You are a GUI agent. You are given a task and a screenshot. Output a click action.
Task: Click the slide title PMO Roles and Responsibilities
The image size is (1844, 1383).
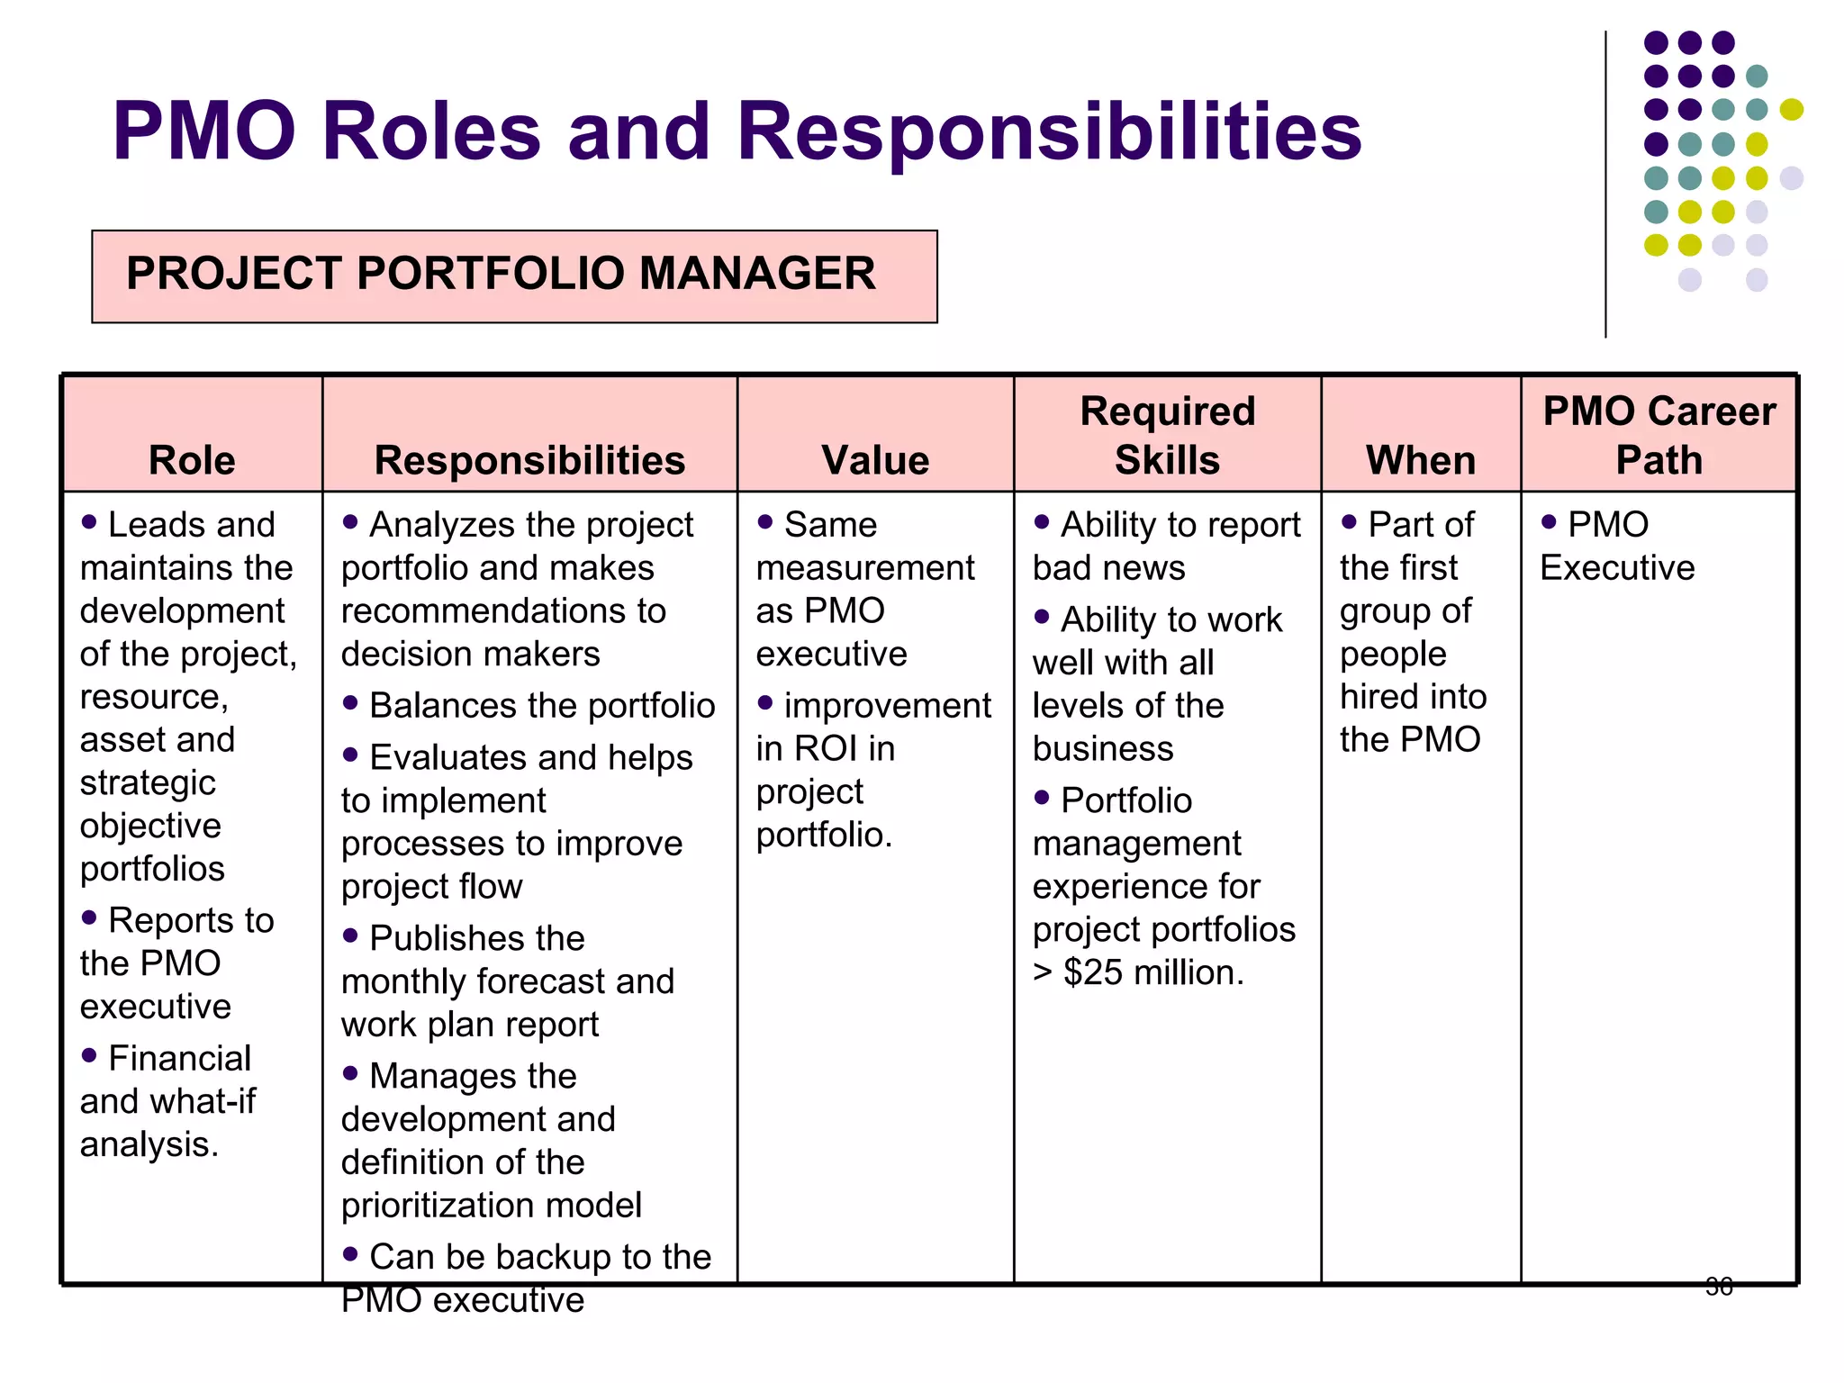click(x=737, y=131)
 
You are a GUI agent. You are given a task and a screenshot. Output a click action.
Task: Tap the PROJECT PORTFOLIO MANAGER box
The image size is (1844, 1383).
click(x=514, y=276)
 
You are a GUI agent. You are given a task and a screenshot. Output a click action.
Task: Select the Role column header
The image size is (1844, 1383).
click(x=192, y=460)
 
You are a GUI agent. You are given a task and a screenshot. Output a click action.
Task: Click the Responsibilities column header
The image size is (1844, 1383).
click(x=529, y=460)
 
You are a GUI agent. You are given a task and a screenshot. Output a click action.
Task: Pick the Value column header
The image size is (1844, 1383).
click(x=875, y=460)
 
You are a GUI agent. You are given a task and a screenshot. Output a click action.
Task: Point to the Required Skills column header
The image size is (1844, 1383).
click(x=1167, y=436)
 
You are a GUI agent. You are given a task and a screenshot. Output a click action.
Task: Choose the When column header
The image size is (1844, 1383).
click(x=1421, y=460)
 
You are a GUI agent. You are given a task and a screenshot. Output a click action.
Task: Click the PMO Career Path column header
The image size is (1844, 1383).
click(x=1659, y=436)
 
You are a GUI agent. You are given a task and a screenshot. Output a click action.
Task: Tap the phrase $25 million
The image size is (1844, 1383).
click(x=1153, y=972)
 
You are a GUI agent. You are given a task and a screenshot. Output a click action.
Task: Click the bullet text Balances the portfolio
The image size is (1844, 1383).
click(x=542, y=706)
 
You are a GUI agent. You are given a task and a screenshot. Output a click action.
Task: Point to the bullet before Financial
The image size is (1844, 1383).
click(x=89, y=1055)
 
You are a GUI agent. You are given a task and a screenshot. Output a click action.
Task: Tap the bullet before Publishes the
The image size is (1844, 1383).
click(x=350, y=936)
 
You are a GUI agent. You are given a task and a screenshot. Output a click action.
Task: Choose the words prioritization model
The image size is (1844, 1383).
click(x=492, y=1205)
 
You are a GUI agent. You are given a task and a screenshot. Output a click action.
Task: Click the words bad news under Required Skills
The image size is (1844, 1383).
click(x=1108, y=568)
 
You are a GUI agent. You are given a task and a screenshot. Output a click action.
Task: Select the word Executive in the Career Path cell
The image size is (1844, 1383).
click(x=1617, y=568)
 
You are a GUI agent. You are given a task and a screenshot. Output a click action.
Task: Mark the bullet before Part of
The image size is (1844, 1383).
click(x=1349, y=521)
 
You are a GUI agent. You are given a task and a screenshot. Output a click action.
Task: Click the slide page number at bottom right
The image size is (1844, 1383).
click(x=1719, y=1287)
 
